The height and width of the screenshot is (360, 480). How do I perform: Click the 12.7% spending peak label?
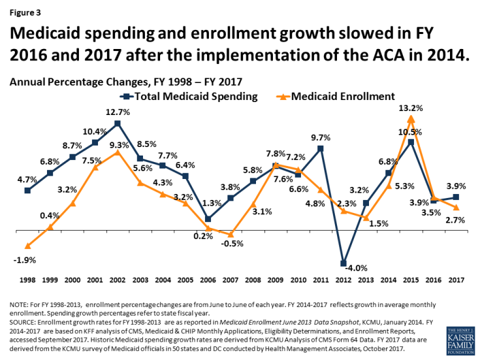click(x=118, y=112)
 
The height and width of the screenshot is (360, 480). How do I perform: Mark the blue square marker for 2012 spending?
click(x=343, y=263)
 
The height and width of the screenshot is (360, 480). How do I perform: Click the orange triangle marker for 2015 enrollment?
click(x=411, y=118)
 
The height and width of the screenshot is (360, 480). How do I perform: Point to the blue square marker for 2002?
click(x=118, y=123)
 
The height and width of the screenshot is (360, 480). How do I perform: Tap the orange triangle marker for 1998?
click(x=27, y=246)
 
